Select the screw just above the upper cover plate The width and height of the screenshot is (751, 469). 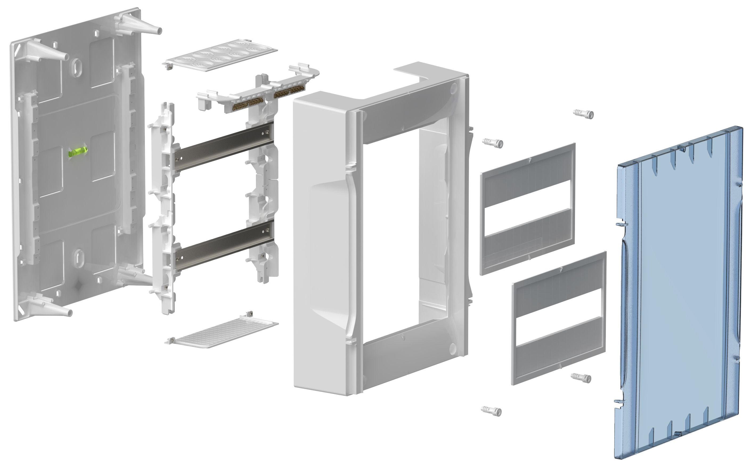493,143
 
